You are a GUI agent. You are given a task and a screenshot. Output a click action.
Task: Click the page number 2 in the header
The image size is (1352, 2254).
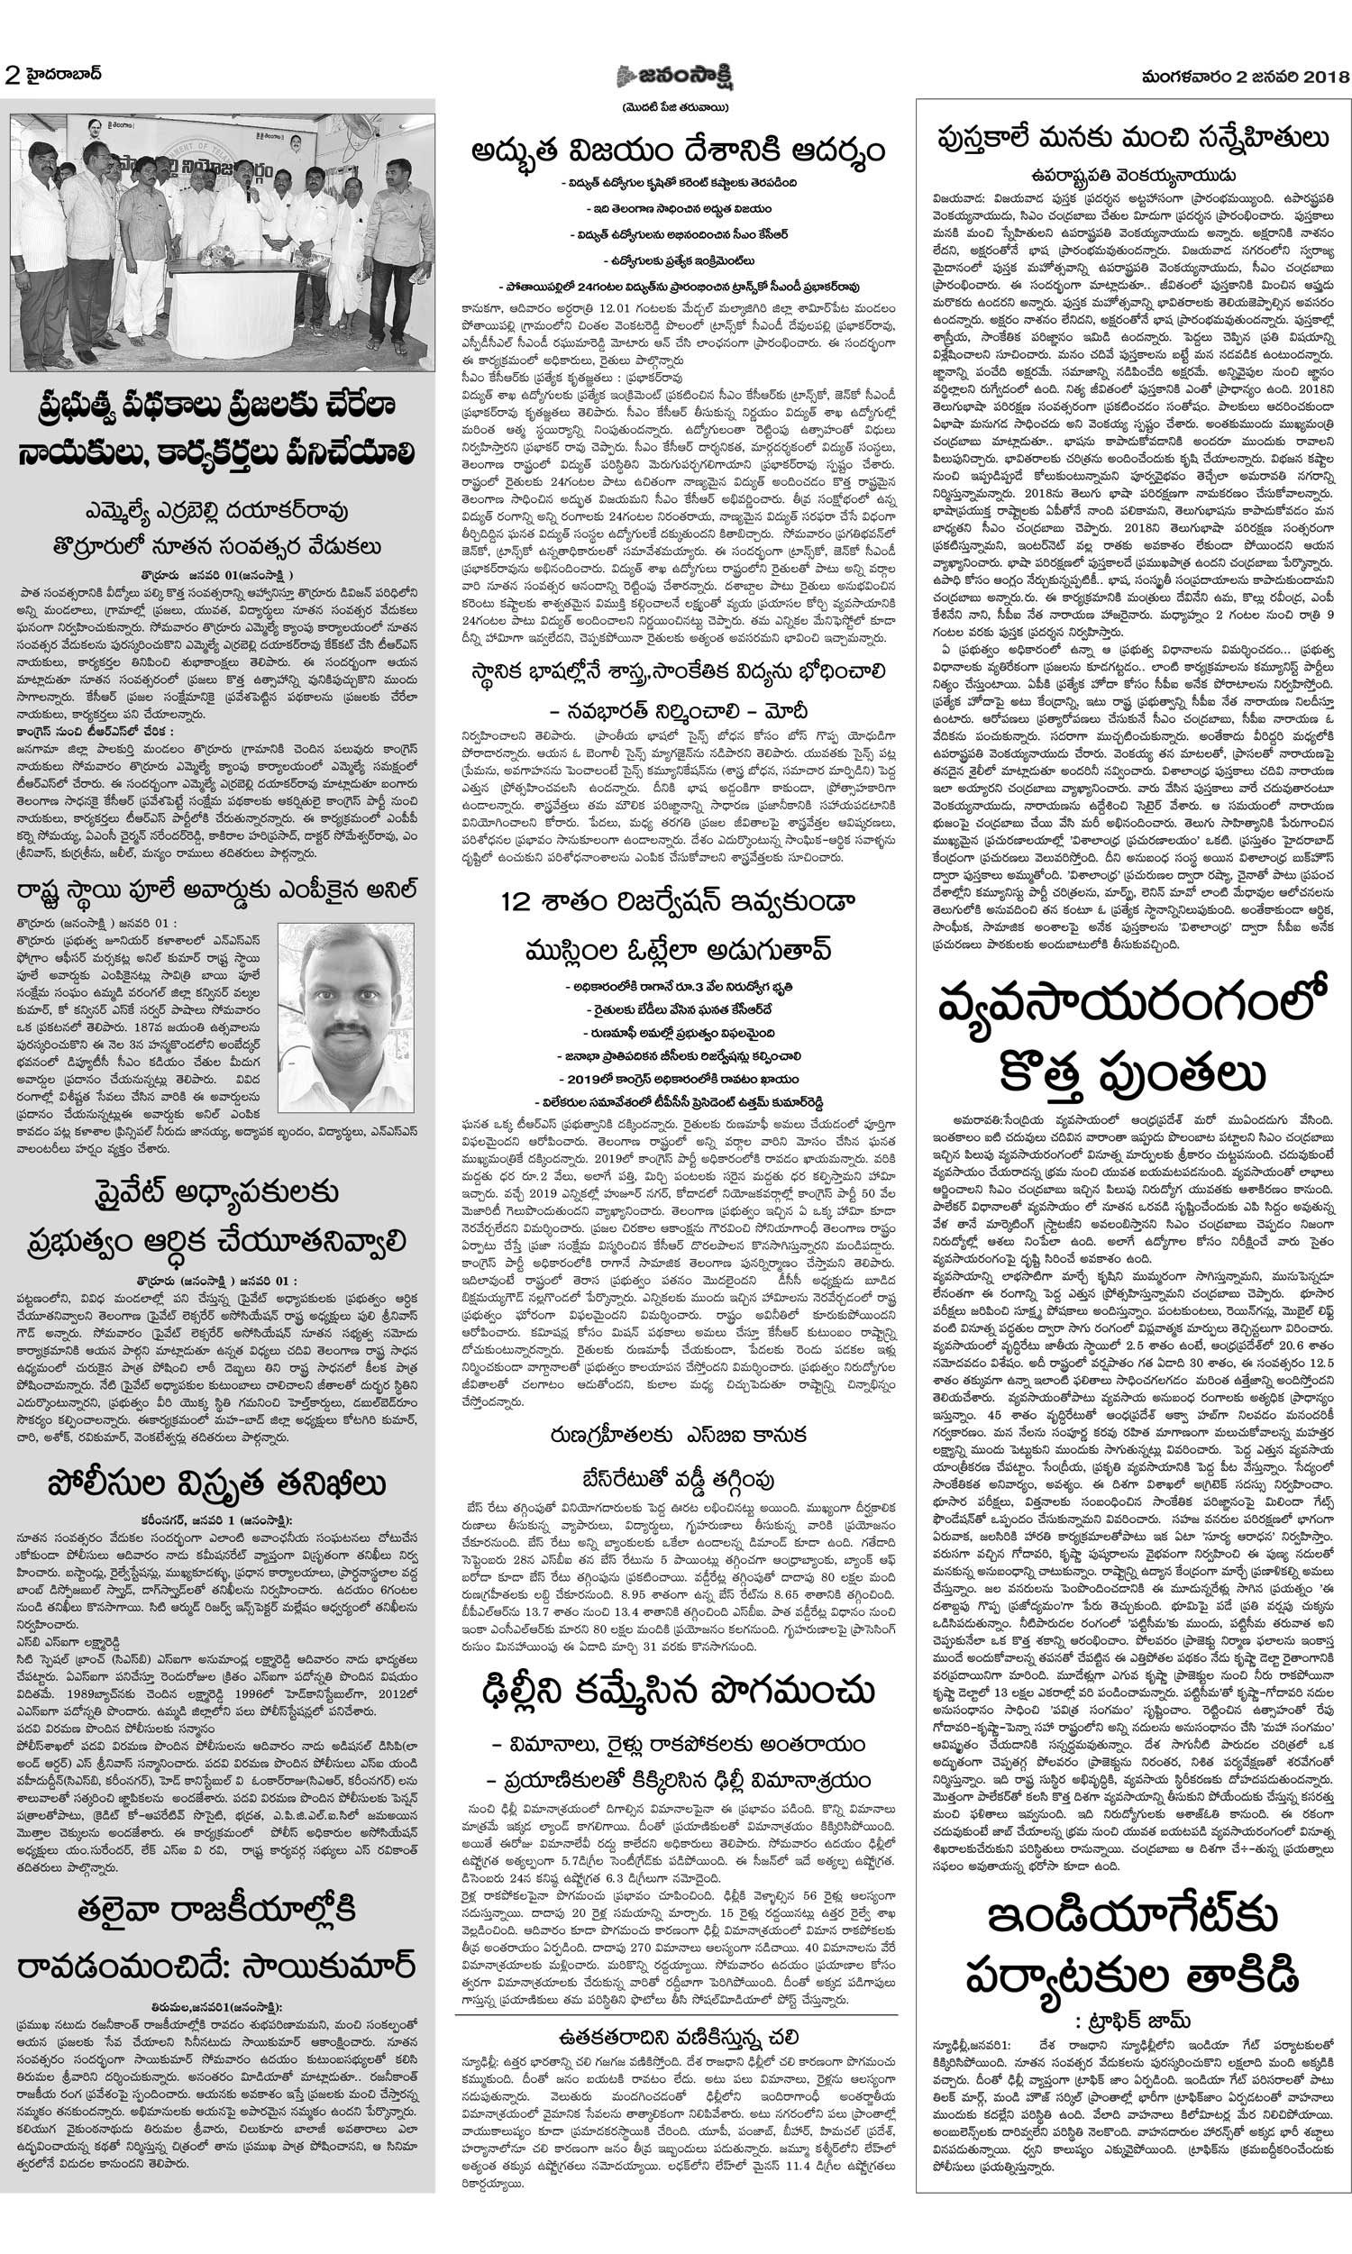point(12,76)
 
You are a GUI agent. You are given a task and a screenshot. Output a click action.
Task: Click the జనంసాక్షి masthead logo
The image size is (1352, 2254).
point(675,77)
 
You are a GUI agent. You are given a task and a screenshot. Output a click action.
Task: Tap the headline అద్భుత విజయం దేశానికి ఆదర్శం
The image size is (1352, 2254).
point(678,151)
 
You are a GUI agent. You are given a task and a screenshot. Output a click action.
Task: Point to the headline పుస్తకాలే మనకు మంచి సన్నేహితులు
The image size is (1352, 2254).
point(1132,138)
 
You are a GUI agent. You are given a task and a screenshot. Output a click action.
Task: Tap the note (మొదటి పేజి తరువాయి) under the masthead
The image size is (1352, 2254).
point(676,108)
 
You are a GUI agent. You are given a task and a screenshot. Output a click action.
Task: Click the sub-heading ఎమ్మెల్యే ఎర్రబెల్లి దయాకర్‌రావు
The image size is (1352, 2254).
point(217,510)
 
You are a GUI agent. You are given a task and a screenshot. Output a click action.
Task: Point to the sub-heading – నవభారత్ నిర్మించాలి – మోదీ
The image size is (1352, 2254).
point(678,710)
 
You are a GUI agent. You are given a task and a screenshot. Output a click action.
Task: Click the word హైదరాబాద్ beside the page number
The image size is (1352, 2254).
point(65,74)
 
